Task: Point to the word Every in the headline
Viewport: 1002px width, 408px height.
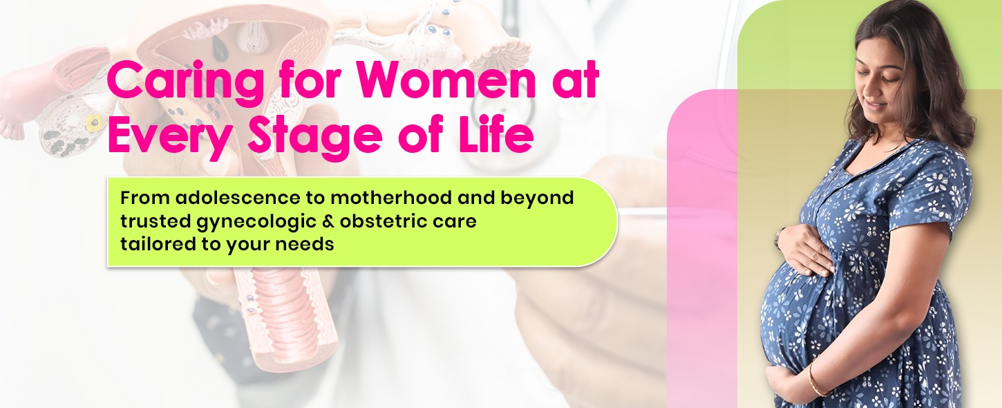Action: coord(168,137)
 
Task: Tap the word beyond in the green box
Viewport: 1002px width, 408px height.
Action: coord(537,198)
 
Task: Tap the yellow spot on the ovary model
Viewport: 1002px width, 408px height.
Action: coord(94,122)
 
